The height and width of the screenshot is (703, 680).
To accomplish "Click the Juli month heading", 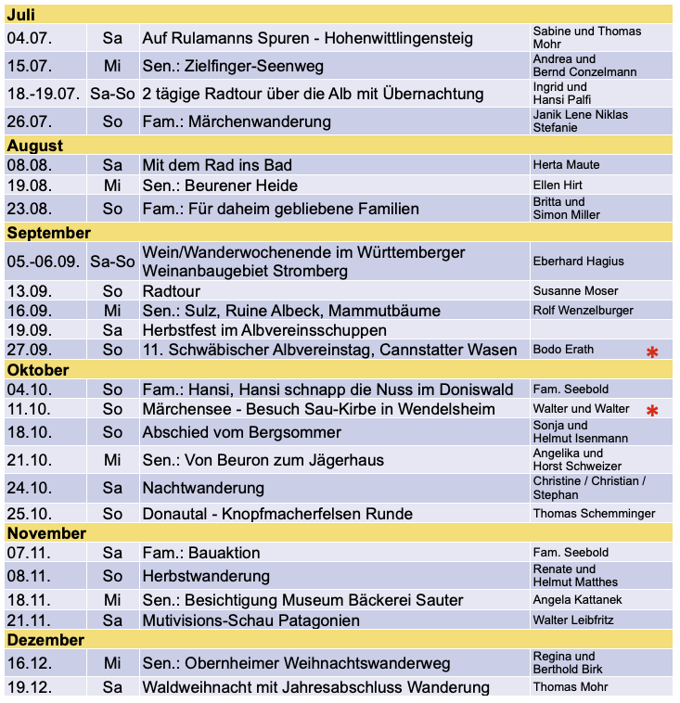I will click(x=21, y=16).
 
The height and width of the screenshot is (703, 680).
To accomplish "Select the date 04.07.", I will click(x=30, y=39).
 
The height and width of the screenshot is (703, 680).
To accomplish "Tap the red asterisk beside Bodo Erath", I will click(x=652, y=351).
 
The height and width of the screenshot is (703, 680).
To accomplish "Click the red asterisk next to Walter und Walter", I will click(x=652, y=410).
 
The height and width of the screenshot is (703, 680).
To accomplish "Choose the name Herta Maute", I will click(x=566, y=165).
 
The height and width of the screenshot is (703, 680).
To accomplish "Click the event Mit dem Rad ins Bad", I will click(x=217, y=165).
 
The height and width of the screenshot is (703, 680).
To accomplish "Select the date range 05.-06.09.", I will click(x=44, y=262).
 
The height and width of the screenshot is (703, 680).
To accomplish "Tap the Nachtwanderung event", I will click(x=203, y=488).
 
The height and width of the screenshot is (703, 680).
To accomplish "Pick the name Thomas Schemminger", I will click(x=594, y=514).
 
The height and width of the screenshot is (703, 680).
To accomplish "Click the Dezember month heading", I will click(x=45, y=640).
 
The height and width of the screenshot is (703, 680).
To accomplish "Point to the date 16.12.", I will click(x=30, y=664).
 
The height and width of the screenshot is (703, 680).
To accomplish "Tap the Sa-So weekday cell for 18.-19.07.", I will click(x=112, y=94).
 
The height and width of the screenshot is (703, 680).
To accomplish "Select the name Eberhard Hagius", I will click(x=578, y=262).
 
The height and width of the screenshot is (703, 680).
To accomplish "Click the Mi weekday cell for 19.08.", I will click(x=112, y=185).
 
